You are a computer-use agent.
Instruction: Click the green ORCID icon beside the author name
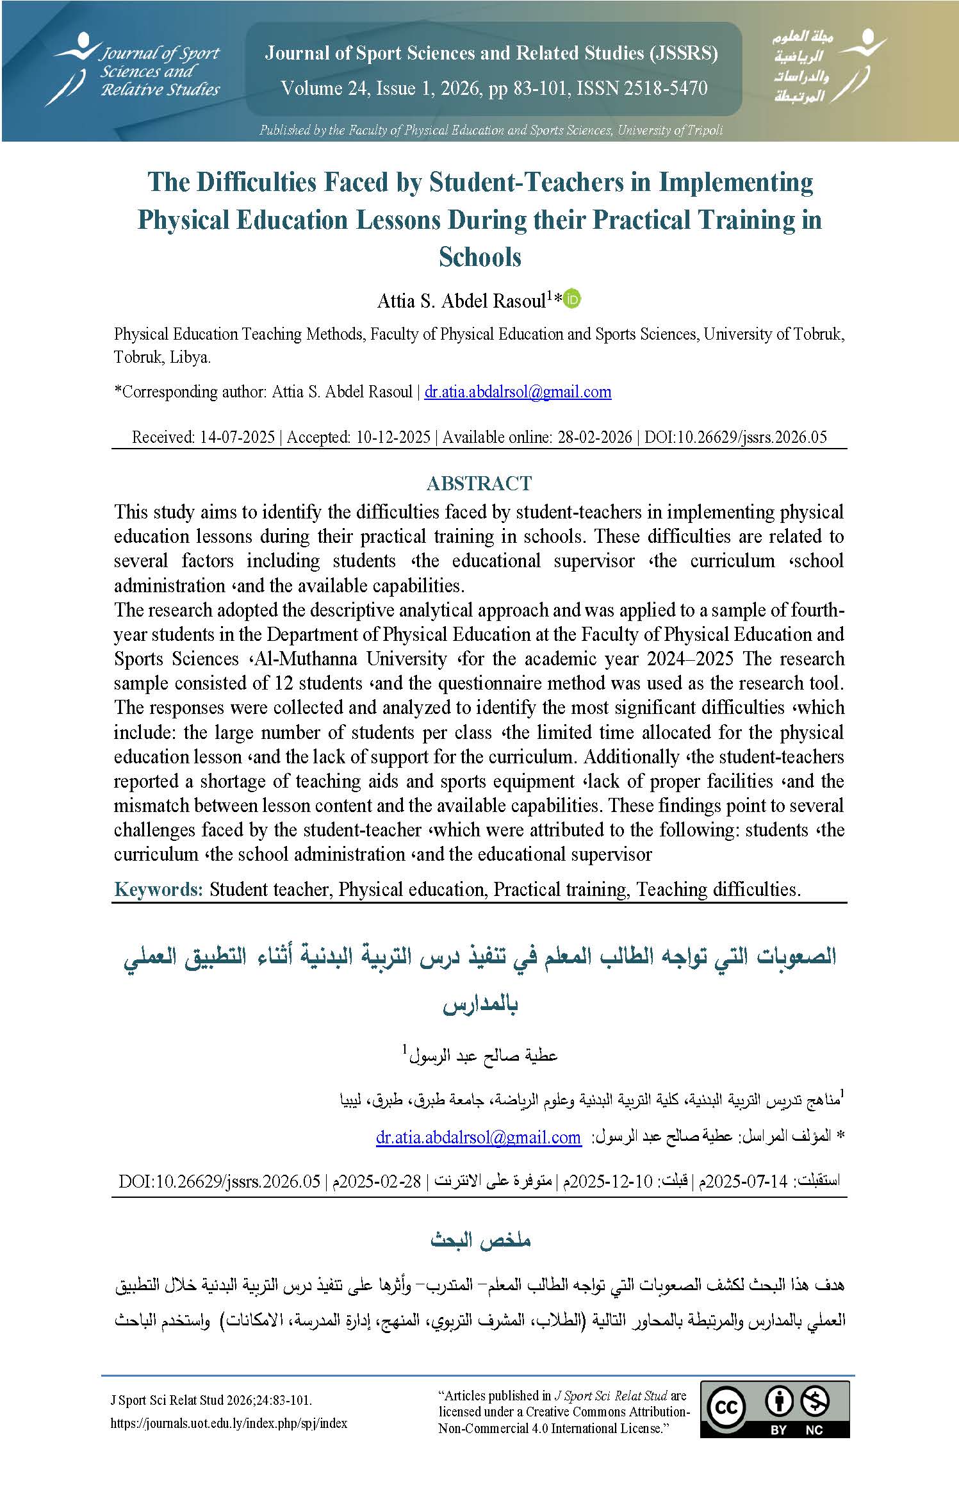click(x=572, y=299)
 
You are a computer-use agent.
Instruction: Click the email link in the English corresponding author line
click(x=518, y=392)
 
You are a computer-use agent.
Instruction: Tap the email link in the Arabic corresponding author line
click(x=478, y=1138)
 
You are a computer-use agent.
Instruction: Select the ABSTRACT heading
click(x=479, y=483)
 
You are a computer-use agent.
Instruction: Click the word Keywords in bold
click(x=158, y=889)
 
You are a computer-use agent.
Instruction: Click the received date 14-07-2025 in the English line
click(x=238, y=437)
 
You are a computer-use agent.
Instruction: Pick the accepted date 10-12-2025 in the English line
click(x=393, y=437)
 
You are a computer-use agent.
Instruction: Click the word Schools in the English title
click(x=480, y=257)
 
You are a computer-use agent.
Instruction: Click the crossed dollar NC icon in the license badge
click(x=815, y=1401)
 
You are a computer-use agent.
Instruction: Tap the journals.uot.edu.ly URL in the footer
click(x=229, y=1423)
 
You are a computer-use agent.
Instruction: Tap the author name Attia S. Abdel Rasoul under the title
click(x=461, y=301)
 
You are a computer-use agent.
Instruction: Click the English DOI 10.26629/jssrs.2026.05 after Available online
click(x=736, y=437)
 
